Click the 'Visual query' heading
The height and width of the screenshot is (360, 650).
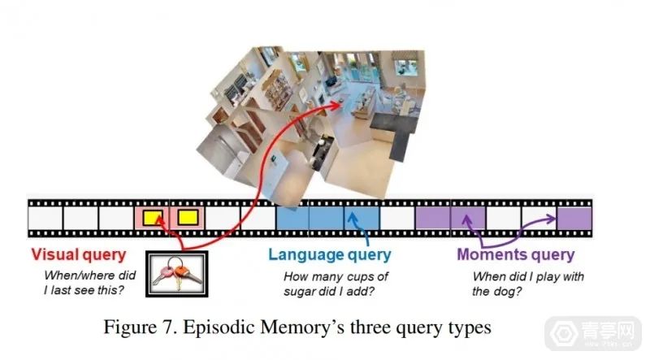pos(78,254)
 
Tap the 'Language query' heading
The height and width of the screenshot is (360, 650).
pos(330,254)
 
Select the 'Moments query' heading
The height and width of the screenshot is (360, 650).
pos(515,254)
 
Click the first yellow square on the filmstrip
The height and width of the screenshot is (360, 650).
pos(153,217)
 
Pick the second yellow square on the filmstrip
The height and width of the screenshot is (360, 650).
pos(188,217)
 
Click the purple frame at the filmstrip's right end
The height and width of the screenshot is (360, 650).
pos(574,218)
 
